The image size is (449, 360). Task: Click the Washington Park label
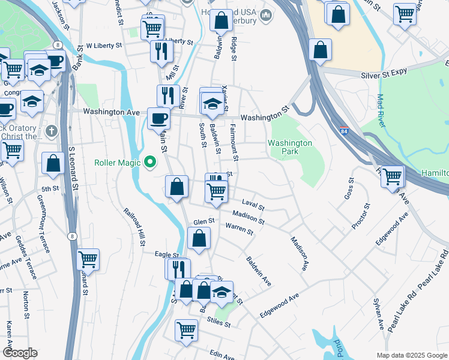click(290, 148)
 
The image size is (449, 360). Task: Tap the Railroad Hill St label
click(135, 227)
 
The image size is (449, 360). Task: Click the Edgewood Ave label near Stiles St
click(279, 306)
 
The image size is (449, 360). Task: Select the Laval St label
click(253, 206)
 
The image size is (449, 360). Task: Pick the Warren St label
click(240, 229)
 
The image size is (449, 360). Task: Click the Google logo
click(19, 353)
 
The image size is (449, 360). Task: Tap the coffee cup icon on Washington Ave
click(159, 118)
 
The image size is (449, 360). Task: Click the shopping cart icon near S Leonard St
click(88, 259)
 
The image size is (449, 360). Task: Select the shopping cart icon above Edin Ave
click(187, 329)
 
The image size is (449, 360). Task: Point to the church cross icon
click(52, 130)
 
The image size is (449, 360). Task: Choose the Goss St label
click(346, 188)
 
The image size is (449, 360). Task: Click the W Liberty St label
click(104, 45)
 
